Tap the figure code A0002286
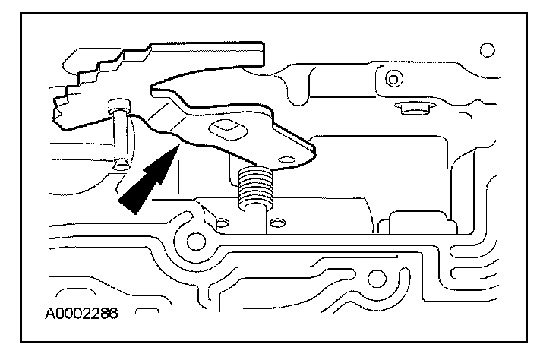[81, 314]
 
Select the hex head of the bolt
[120, 106]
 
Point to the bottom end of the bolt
[121, 166]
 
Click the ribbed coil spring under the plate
[256, 187]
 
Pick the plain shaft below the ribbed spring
[256, 220]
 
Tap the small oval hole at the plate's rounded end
[287, 159]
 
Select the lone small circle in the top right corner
[488, 50]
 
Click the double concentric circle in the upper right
[394, 79]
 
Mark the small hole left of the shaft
[223, 223]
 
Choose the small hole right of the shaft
[277, 223]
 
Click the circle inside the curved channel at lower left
[196, 242]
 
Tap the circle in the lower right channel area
[377, 279]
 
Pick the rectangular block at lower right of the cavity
[418, 223]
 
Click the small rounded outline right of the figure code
[147, 310]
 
